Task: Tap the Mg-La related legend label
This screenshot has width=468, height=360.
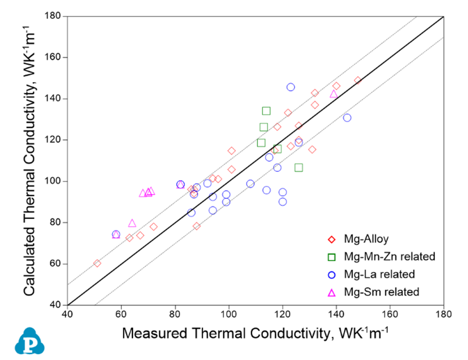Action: [379, 274]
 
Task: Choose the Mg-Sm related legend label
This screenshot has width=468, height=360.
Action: [381, 292]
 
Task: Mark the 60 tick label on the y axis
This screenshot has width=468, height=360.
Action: [57, 264]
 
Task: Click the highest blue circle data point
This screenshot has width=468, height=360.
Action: [291, 87]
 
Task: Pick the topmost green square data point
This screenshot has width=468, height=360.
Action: [266, 111]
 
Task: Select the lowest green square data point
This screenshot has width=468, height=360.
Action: [299, 168]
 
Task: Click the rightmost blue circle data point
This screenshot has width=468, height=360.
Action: [347, 118]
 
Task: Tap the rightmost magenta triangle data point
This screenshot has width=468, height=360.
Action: [334, 94]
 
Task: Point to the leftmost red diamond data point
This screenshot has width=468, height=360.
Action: [97, 264]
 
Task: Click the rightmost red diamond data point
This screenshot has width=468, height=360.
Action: [358, 80]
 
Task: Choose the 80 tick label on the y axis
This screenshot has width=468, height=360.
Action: [57, 222]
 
